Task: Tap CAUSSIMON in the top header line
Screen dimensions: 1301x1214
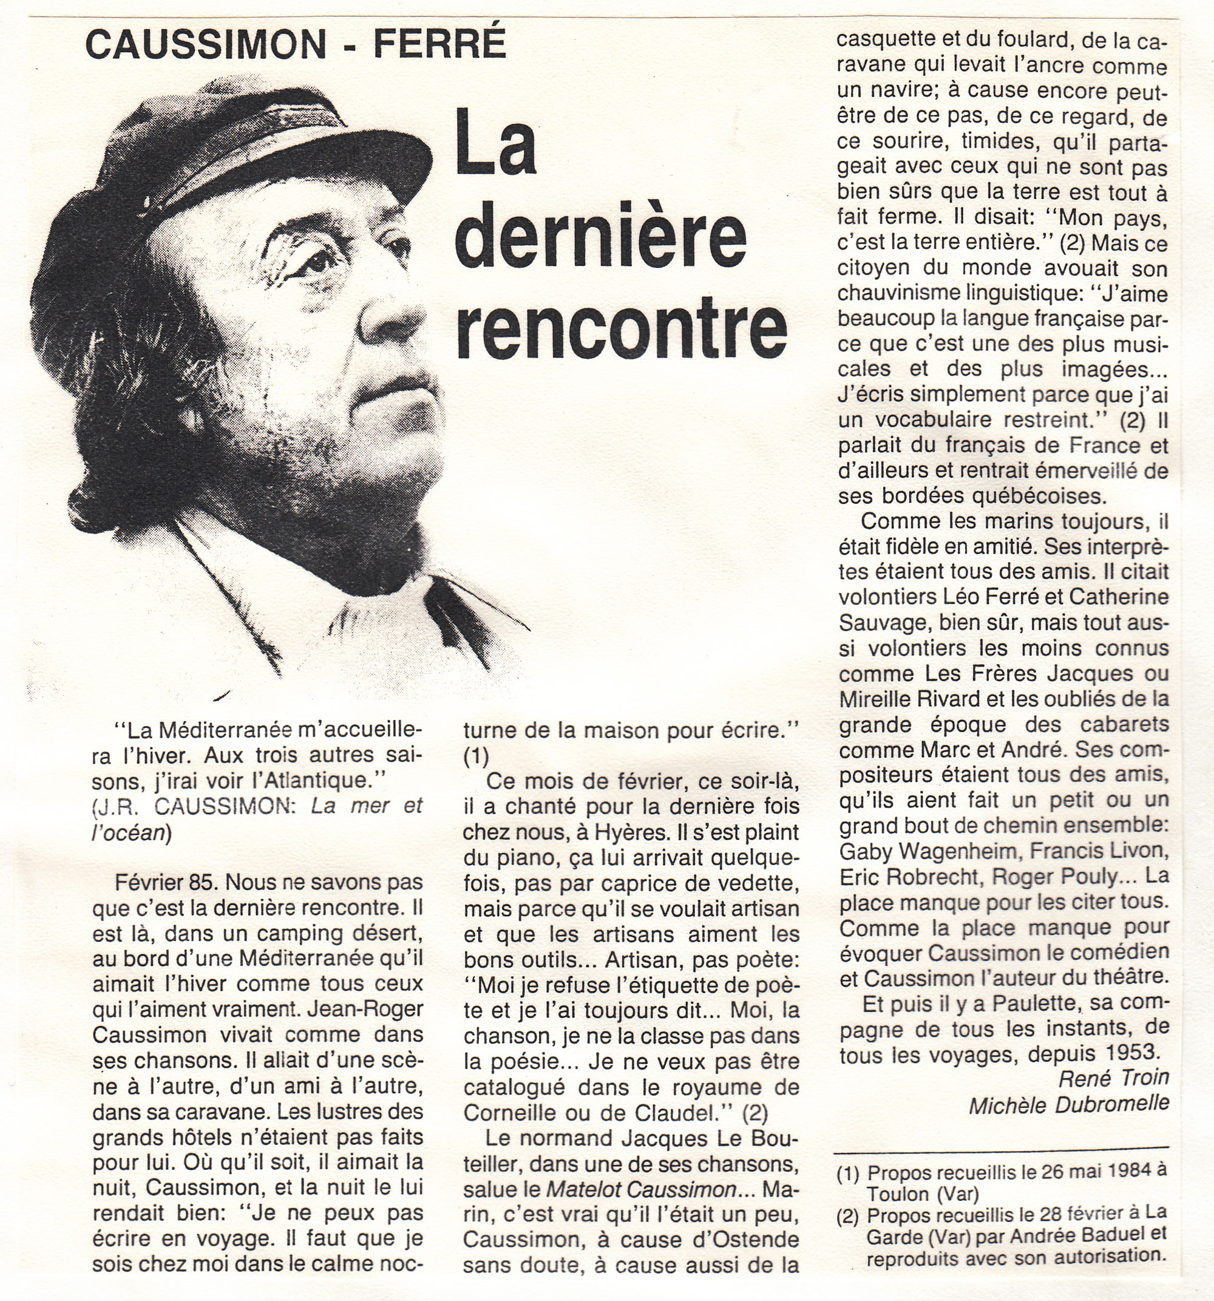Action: [206, 44]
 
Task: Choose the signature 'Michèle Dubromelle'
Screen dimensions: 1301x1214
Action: [1068, 1105]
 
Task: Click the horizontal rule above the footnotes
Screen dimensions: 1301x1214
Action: [1002, 1147]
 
